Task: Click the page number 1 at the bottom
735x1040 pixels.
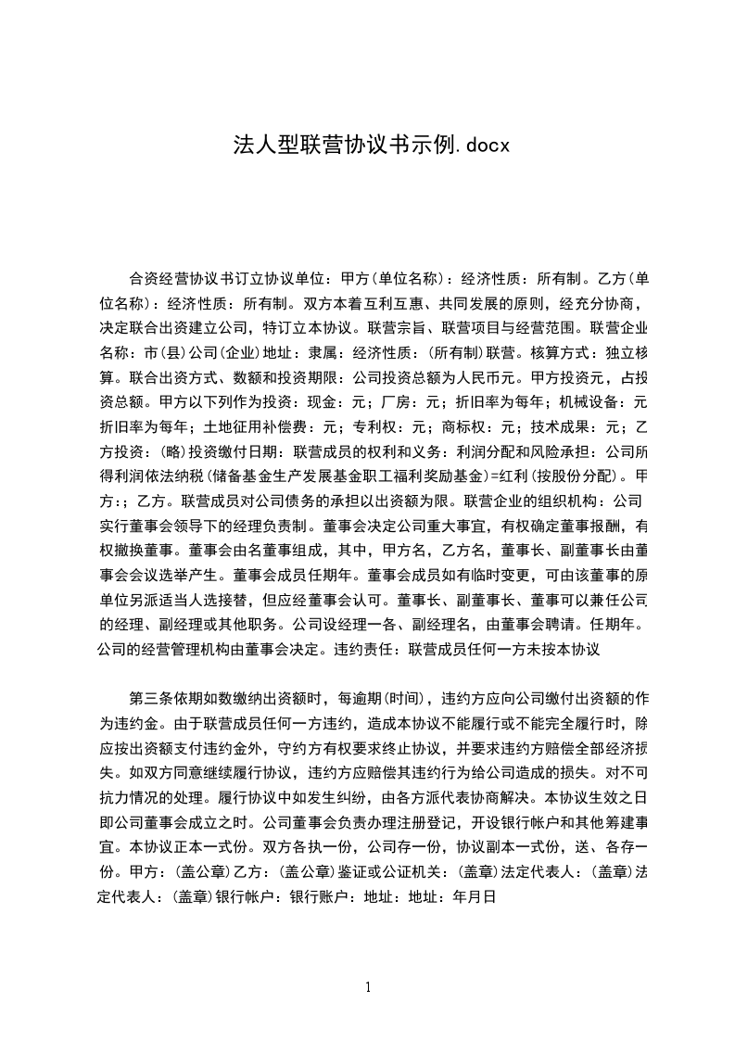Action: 368,986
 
